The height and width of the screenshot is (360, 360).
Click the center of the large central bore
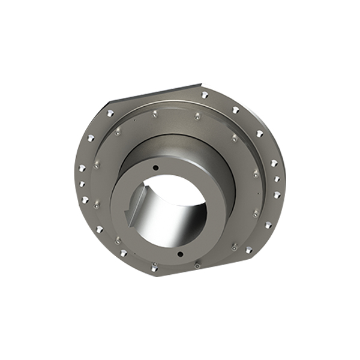point(170,211)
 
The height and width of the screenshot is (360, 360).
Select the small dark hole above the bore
point(155,167)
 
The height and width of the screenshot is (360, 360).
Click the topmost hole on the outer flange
point(205,94)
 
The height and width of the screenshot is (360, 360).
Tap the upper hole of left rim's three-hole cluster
point(82,167)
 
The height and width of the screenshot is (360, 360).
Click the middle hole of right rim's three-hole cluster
point(277,179)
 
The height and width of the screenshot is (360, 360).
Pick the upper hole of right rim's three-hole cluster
point(274,163)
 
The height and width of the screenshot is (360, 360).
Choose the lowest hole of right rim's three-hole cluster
point(277,194)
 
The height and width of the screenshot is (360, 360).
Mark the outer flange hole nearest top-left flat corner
point(110,113)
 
